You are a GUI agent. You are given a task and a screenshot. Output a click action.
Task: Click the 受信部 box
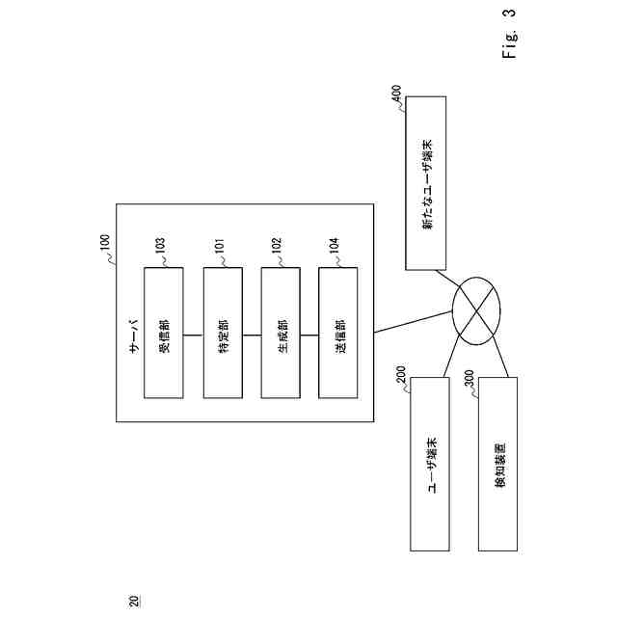(163, 333)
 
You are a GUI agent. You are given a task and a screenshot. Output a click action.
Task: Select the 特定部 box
(222, 333)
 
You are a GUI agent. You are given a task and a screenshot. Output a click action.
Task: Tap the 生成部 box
(281, 333)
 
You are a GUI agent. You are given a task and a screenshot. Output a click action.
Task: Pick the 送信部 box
(338, 333)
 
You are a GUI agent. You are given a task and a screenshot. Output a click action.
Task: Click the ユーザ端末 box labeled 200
(429, 465)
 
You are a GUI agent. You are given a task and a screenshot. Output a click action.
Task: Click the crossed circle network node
(478, 308)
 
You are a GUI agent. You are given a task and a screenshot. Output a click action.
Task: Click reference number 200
(401, 375)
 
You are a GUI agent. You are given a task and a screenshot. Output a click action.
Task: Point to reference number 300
(469, 375)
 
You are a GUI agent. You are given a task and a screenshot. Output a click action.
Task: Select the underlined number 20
(133, 599)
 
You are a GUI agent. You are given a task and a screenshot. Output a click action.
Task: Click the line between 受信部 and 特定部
(193, 333)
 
